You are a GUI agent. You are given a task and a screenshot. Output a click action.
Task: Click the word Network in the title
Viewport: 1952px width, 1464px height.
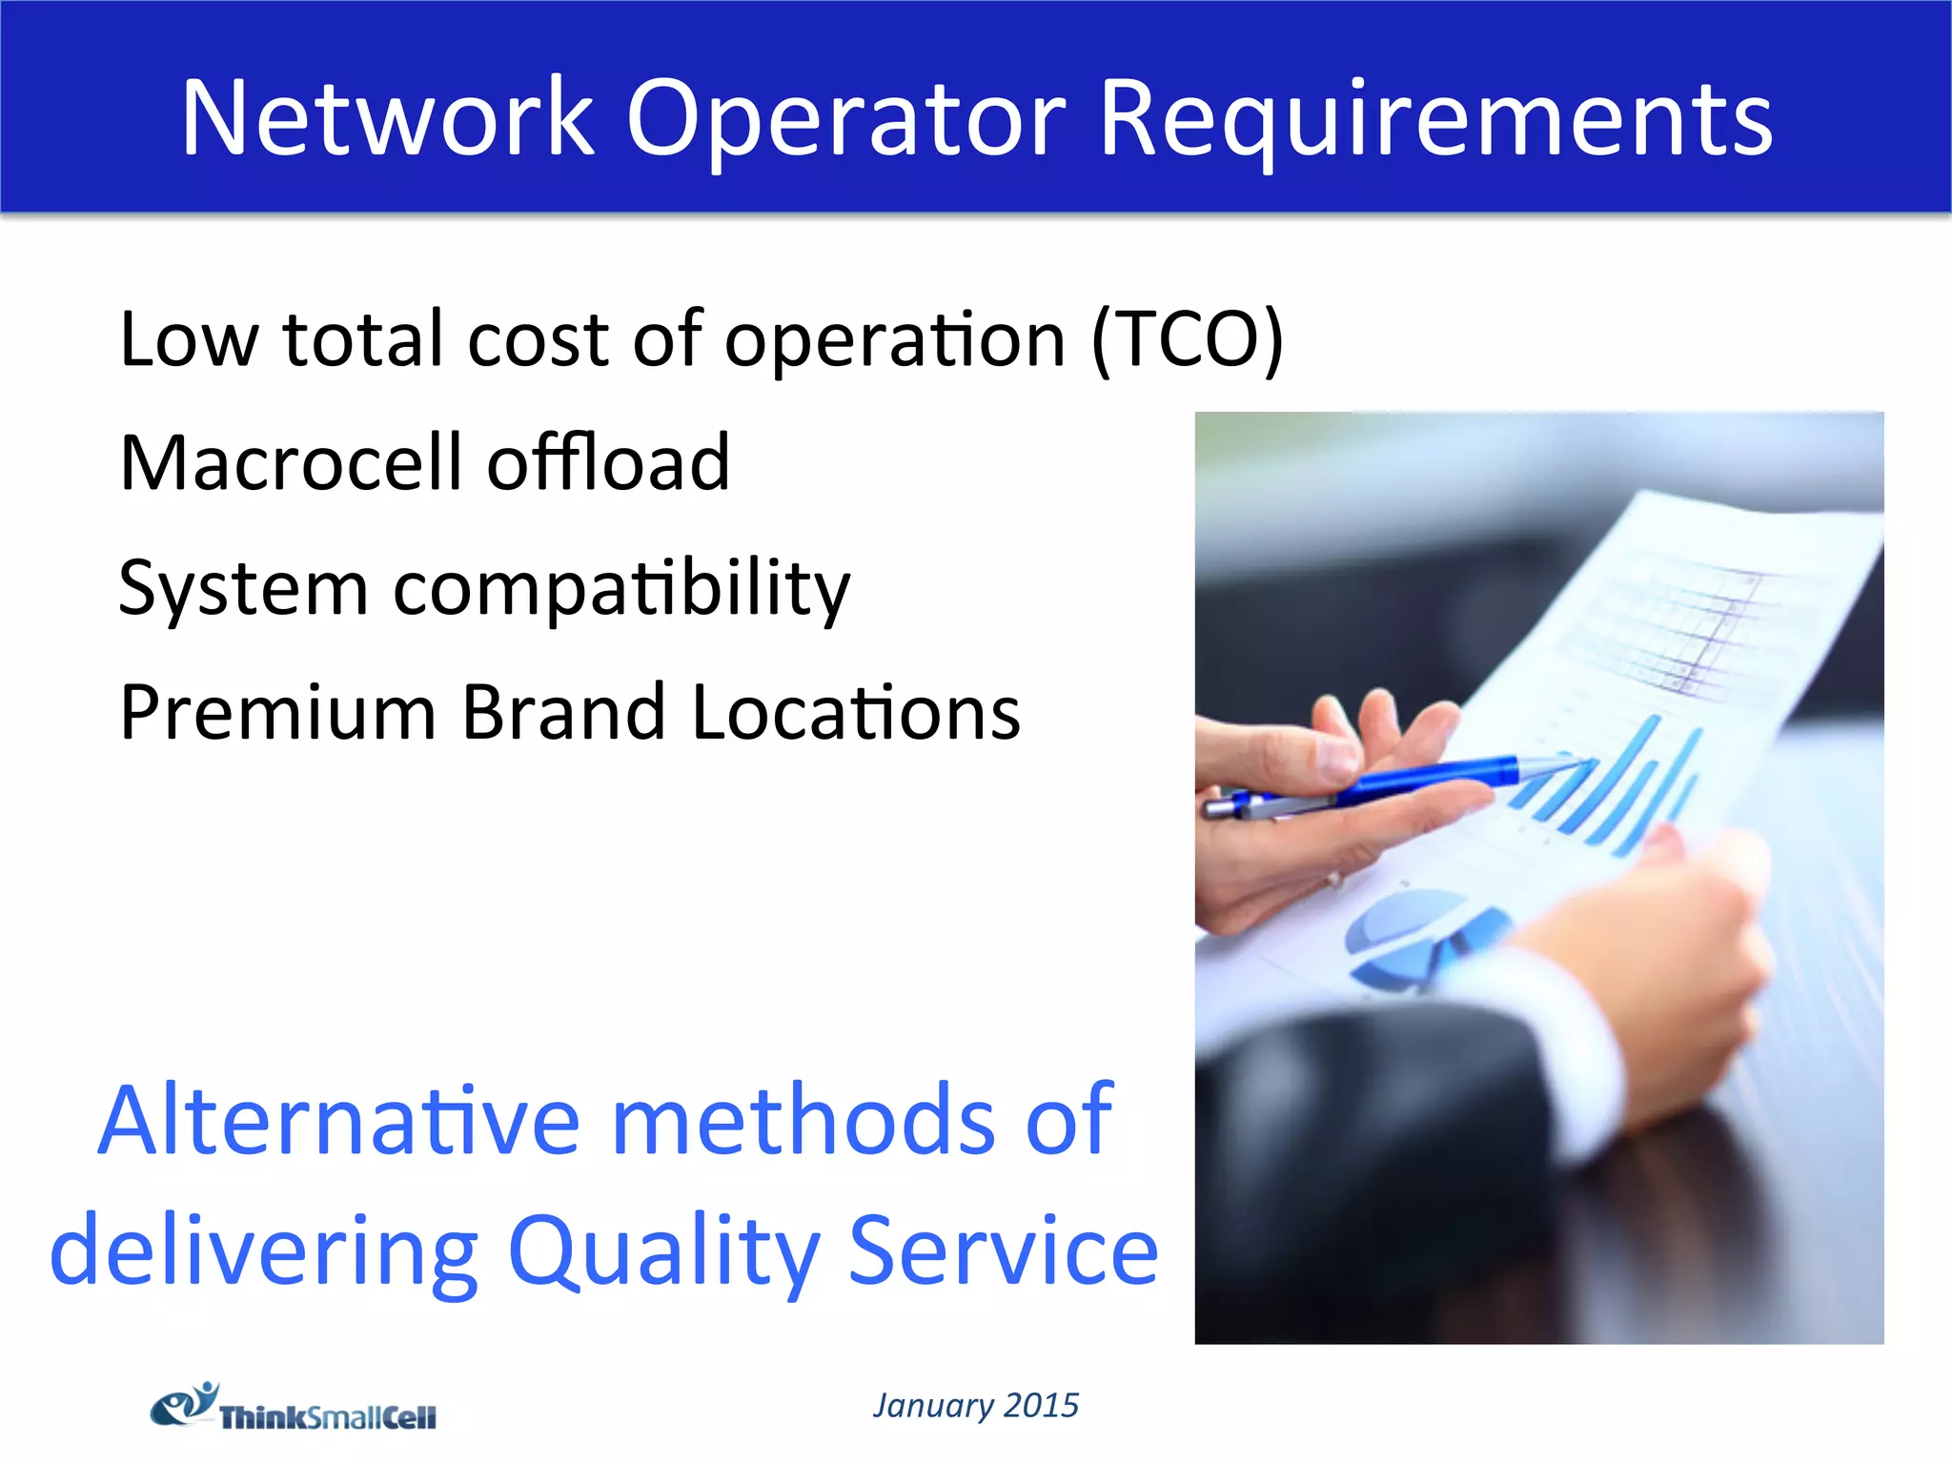[x=387, y=118]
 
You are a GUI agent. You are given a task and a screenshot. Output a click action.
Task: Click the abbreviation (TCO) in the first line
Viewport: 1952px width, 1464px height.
[x=1188, y=339]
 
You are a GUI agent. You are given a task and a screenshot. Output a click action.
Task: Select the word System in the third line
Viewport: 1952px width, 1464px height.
[x=243, y=589]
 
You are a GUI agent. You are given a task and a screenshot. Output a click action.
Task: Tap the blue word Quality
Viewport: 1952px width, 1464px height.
[x=663, y=1250]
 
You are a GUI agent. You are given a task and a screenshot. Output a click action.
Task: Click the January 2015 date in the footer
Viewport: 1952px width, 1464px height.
[x=975, y=1405]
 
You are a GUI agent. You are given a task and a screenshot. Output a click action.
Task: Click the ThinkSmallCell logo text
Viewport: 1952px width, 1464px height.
[x=328, y=1417]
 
